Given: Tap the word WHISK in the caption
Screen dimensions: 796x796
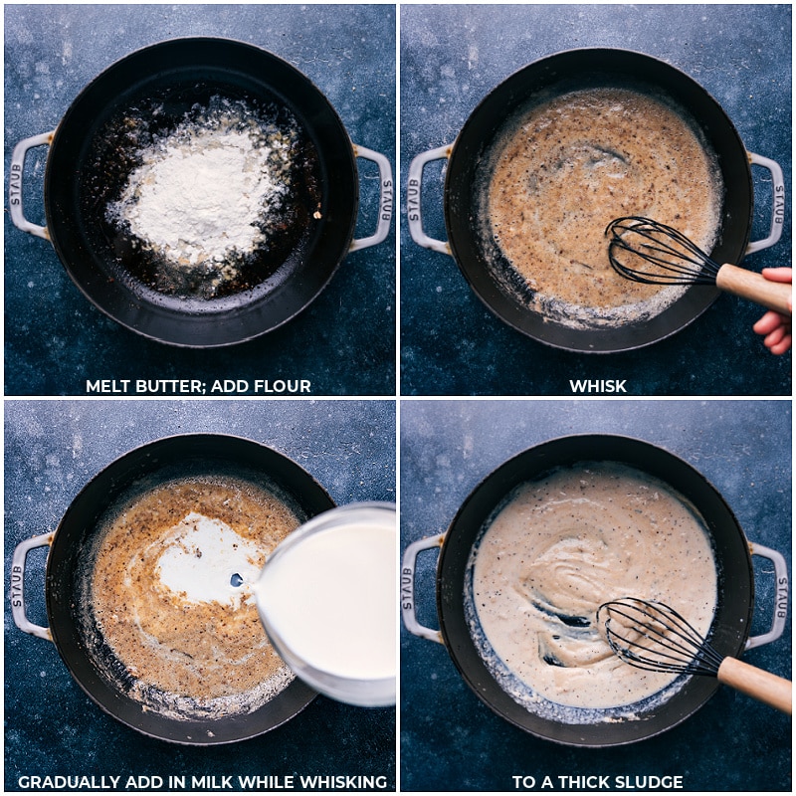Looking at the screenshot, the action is tap(598, 386).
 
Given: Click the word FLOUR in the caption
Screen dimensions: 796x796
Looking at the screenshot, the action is tap(283, 386).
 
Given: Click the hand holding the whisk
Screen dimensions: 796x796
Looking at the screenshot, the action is tap(775, 310).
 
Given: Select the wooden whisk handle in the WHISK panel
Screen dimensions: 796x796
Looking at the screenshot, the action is tap(753, 288).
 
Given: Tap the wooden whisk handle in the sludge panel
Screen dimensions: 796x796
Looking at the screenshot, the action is tap(755, 683).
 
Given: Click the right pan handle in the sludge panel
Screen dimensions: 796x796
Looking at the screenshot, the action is tap(768, 595).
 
